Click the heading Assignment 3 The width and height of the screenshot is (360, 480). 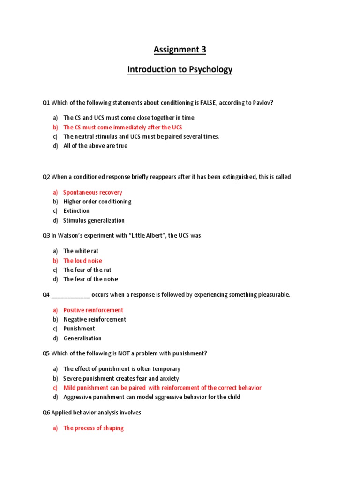tap(180, 49)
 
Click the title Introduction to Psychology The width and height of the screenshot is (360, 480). tap(180, 70)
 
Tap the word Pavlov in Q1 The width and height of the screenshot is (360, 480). tap(260, 103)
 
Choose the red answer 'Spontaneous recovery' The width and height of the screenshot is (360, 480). tap(93, 192)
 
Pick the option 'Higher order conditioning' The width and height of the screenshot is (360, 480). tap(97, 202)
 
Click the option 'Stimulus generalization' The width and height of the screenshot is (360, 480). tap(94, 220)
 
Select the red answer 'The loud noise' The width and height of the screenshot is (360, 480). tap(82, 261)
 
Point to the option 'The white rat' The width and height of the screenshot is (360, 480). tap(81, 251)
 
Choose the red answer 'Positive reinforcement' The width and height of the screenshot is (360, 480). tap(93, 310)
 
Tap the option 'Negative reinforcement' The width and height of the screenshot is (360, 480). tap(95, 319)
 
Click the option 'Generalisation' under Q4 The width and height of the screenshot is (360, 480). tap(82, 338)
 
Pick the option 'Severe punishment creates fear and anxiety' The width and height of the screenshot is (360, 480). tap(121, 378)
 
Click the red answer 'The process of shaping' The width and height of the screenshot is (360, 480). tap(94, 428)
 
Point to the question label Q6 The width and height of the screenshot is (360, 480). tap(46, 412)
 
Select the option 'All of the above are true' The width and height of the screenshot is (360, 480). tap(96, 146)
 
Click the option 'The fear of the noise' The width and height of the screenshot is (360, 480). tap(91, 279)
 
